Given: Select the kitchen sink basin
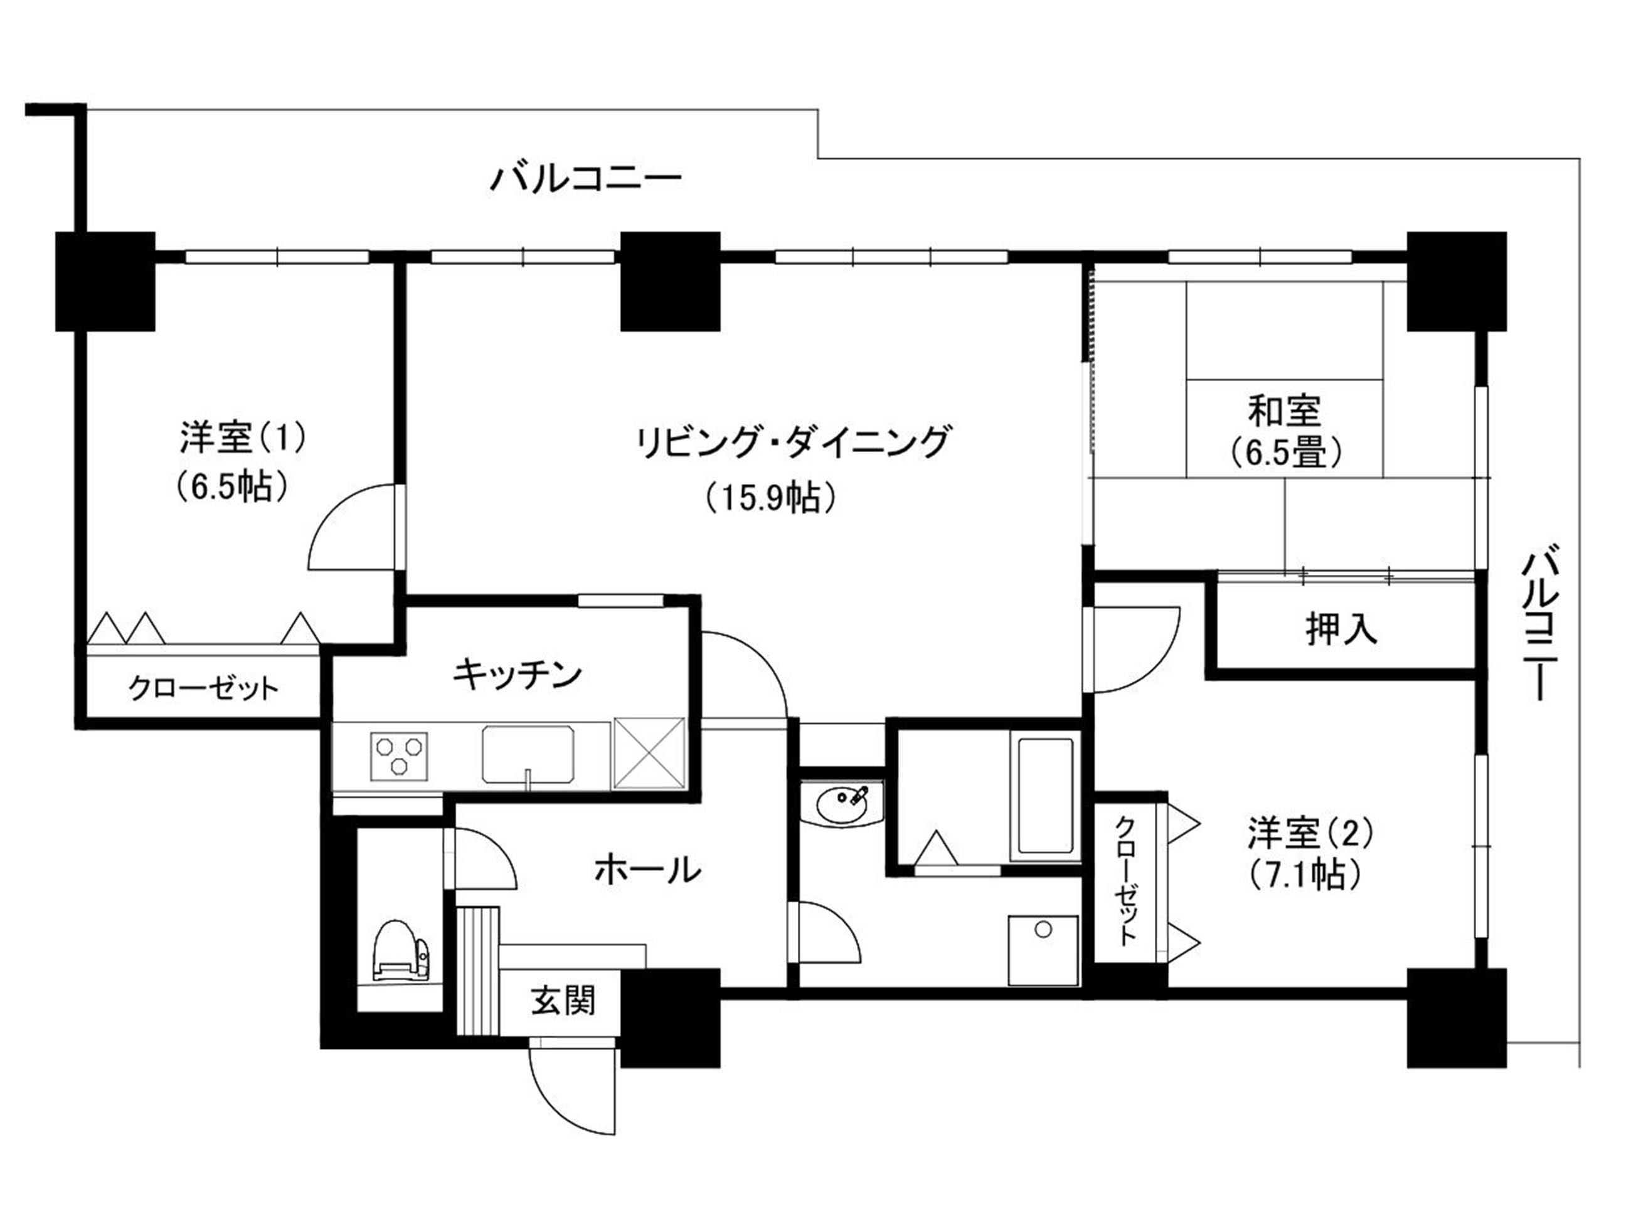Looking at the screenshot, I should pyautogui.click(x=527, y=754).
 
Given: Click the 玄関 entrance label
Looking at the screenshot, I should pyautogui.click(x=563, y=1001).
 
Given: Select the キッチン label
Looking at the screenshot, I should pyautogui.click(x=518, y=673).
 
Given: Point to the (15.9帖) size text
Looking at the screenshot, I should pyautogui.click(x=771, y=499).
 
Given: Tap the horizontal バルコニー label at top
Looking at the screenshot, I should pyautogui.click(x=586, y=179).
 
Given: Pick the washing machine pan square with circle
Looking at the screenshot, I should pyautogui.click(x=1043, y=950).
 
